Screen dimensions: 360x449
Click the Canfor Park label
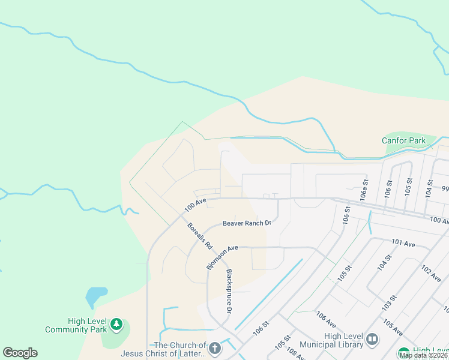pos(403,141)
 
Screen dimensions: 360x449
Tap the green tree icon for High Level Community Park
pos(116,325)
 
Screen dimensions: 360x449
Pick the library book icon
pos(372,340)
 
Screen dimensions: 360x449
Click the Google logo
pos(20,353)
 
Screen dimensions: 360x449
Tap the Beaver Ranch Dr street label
pos(247,223)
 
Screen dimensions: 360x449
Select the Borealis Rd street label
pos(200,236)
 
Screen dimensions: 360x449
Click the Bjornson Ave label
pos(222,257)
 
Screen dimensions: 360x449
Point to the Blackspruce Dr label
pos(229,291)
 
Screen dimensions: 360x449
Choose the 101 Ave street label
pos(403,244)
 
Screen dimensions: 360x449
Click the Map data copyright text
pos(424,355)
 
